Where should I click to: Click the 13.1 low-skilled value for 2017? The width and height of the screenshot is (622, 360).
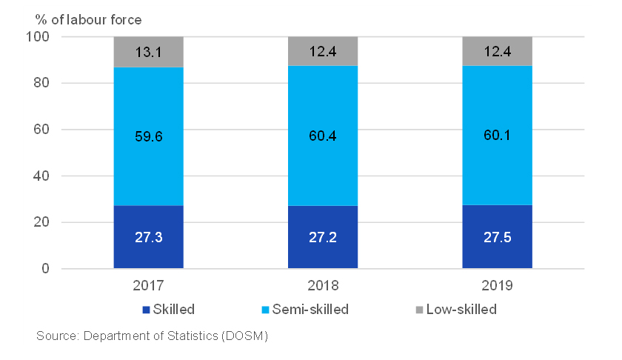148,53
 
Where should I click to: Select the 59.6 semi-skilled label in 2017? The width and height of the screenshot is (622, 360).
148,136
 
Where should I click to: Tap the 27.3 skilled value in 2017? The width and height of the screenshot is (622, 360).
148,237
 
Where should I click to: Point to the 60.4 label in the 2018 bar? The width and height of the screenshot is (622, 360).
323,136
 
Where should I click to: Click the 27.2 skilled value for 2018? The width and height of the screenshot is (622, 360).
323,237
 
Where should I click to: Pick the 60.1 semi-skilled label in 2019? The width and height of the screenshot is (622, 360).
497,136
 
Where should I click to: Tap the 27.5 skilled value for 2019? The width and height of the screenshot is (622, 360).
497,237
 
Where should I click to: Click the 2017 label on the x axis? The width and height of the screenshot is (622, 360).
148,285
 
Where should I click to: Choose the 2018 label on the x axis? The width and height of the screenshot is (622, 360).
323,285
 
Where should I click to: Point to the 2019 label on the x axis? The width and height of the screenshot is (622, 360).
497,285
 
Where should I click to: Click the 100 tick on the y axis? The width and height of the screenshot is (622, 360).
39,37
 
